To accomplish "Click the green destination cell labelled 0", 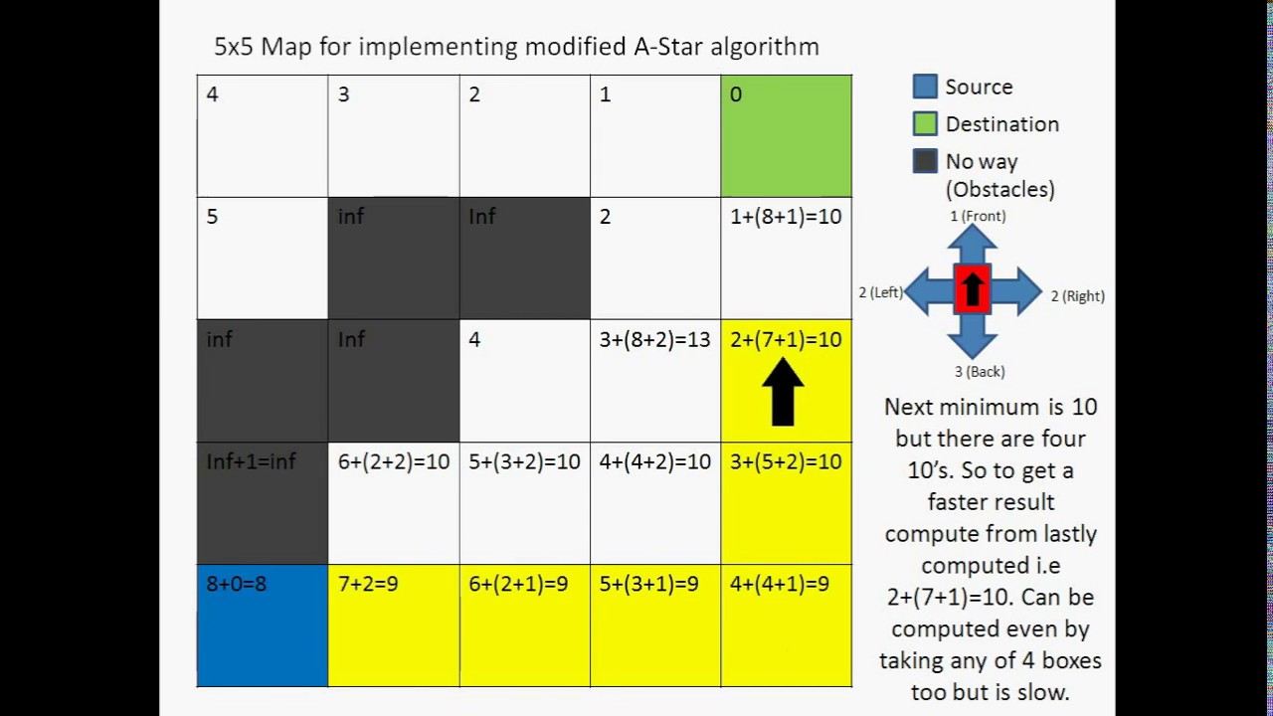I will pyautogui.click(x=786, y=135).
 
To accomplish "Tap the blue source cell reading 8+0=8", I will pyautogui.click(x=263, y=626).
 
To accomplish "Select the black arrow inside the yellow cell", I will pyautogui.click(x=784, y=392).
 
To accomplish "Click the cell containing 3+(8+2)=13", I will pyautogui.click(x=654, y=380).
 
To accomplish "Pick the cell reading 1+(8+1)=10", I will pyautogui.click(x=786, y=258).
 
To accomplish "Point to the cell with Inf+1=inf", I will pyautogui.click(x=263, y=503).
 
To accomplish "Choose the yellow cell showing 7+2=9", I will pyautogui.click(x=393, y=626).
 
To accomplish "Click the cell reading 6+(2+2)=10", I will pyautogui.click(x=393, y=503).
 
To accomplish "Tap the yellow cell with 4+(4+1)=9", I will pyautogui.click(x=786, y=626).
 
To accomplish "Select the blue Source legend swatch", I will pyautogui.click(x=925, y=87).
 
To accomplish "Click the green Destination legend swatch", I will pyautogui.click(x=925, y=124).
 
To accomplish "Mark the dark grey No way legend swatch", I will pyautogui.click(x=925, y=161).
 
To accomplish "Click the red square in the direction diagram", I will pyautogui.click(x=972, y=290).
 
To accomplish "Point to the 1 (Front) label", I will pyautogui.click(x=978, y=216).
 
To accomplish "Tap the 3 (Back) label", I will pyautogui.click(x=980, y=372).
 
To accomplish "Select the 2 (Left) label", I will pyautogui.click(x=881, y=292).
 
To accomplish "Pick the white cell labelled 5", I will pyautogui.click(x=263, y=258).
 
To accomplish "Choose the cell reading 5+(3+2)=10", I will pyautogui.click(x=524, y=503).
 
